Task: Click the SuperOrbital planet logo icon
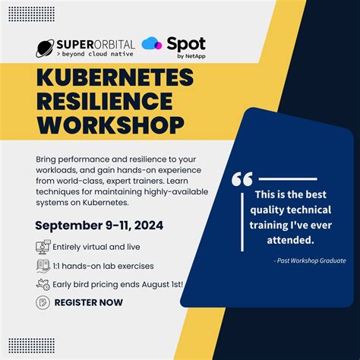pos(45,49)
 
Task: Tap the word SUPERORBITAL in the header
pos(95,43)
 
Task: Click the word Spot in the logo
pos(187,44)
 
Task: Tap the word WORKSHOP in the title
pos(109,123)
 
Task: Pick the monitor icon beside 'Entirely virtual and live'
pos(43,247)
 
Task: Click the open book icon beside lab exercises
pos(43,266)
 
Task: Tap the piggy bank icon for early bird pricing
pos(43,285)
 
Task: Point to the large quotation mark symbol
pos(242,179)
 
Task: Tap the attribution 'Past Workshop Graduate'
pos(311,261)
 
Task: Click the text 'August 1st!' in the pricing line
pos(157,285)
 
